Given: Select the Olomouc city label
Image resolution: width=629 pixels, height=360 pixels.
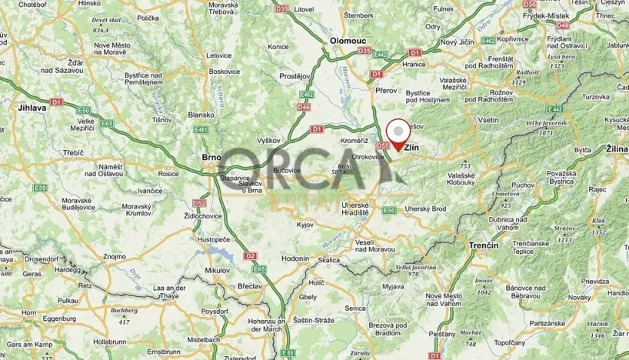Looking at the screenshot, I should click(348, 39).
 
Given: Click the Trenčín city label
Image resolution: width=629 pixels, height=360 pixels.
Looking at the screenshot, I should click(483, 245).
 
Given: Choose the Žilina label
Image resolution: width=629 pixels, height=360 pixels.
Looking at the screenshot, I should click(617, 147).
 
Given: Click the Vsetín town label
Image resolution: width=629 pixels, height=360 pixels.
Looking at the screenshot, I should click(489, 121).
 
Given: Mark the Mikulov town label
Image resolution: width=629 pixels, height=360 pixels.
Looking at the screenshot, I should click(218, 270).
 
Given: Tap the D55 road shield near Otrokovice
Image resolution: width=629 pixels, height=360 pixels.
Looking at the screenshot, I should click(383, 145).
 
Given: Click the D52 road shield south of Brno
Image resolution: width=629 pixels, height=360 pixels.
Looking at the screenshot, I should click(200, 204).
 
